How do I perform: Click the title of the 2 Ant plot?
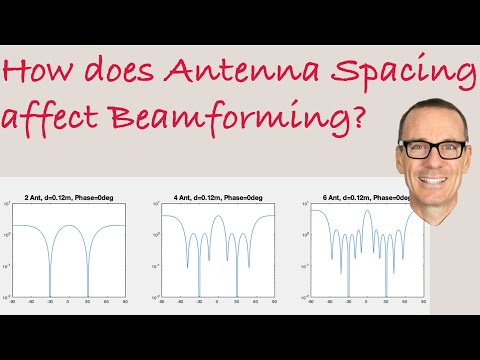coord(67,194)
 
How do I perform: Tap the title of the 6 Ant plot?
coord(367,194)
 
